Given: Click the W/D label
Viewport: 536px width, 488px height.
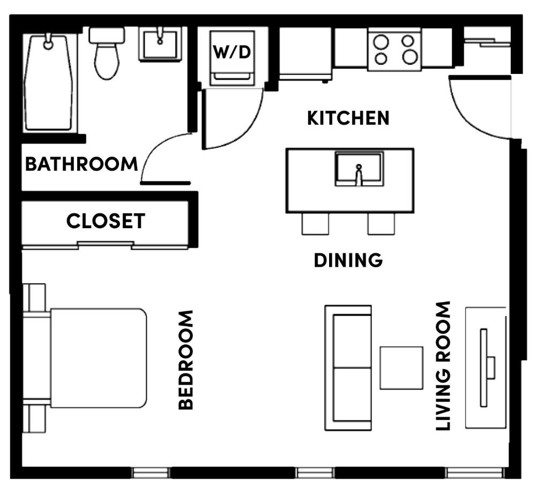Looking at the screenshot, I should coord(232,53).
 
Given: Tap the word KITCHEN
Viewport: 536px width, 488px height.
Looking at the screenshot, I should coord(348,118).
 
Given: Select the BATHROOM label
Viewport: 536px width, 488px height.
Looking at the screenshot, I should coord(81,164).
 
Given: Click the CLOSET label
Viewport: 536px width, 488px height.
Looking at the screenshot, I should coord(106,221).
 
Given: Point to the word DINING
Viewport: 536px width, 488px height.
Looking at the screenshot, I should coord(348,260).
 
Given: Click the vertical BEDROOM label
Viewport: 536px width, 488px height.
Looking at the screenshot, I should coord(185,360).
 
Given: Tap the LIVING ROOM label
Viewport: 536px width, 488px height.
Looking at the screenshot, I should coord(443,366).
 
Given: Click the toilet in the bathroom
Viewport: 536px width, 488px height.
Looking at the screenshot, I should coord(107,54).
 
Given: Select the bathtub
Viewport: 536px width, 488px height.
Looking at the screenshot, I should coord(49,83).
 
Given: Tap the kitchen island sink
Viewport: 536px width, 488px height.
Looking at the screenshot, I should coord(359,169).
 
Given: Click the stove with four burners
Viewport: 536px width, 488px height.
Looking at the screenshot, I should coord(394,49).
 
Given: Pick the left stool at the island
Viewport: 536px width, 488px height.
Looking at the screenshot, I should coord(315,223).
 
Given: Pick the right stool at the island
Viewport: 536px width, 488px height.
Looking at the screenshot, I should coord(381,223).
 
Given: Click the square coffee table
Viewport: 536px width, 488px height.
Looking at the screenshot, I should coord(401,367).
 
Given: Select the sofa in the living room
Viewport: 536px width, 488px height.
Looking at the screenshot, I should coord(348,367).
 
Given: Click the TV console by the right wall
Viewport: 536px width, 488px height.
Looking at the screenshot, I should coord(486,367).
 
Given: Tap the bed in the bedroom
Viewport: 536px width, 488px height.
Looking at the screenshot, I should coord(91,358).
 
